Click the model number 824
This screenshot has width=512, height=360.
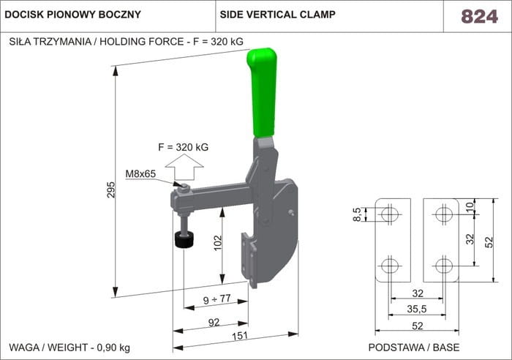point(479,16)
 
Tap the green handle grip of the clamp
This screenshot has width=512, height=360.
point(264,91)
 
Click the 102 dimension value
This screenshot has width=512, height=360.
point(217,244)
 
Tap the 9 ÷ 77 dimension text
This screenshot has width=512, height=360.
point(216,299)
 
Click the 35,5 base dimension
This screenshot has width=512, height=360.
point(417,310)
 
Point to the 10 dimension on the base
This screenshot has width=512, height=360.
point(470,207)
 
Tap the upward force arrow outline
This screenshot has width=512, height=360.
point(182,169)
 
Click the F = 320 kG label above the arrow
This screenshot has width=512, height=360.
point(184,147)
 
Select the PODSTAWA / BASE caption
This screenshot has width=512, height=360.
point(413,347)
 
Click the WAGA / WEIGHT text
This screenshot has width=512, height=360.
point(69,347)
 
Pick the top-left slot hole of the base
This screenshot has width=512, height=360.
point(391,214)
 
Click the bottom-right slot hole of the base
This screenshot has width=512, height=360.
point(443,265)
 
